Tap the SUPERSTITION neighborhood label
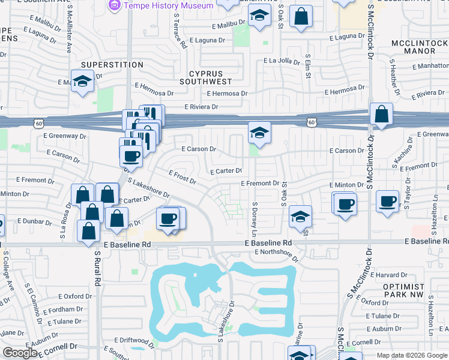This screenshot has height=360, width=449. (x=112, y=64)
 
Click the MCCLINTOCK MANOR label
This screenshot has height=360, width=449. (x=419, y=47)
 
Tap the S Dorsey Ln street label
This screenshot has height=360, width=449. (x=255, y=214)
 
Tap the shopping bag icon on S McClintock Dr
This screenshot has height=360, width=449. (x=381, y=115)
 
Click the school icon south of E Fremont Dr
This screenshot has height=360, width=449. (x=300, y=217)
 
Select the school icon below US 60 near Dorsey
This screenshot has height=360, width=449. (x=259, y=133)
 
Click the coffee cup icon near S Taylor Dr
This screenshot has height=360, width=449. (x=388, y=200)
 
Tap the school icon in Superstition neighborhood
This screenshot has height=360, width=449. (x=82, y=82)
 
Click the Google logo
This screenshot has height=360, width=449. (x=20, y=353)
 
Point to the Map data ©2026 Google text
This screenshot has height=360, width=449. (x=411, y=355)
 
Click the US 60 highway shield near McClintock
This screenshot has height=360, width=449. (x=312, y=121)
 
